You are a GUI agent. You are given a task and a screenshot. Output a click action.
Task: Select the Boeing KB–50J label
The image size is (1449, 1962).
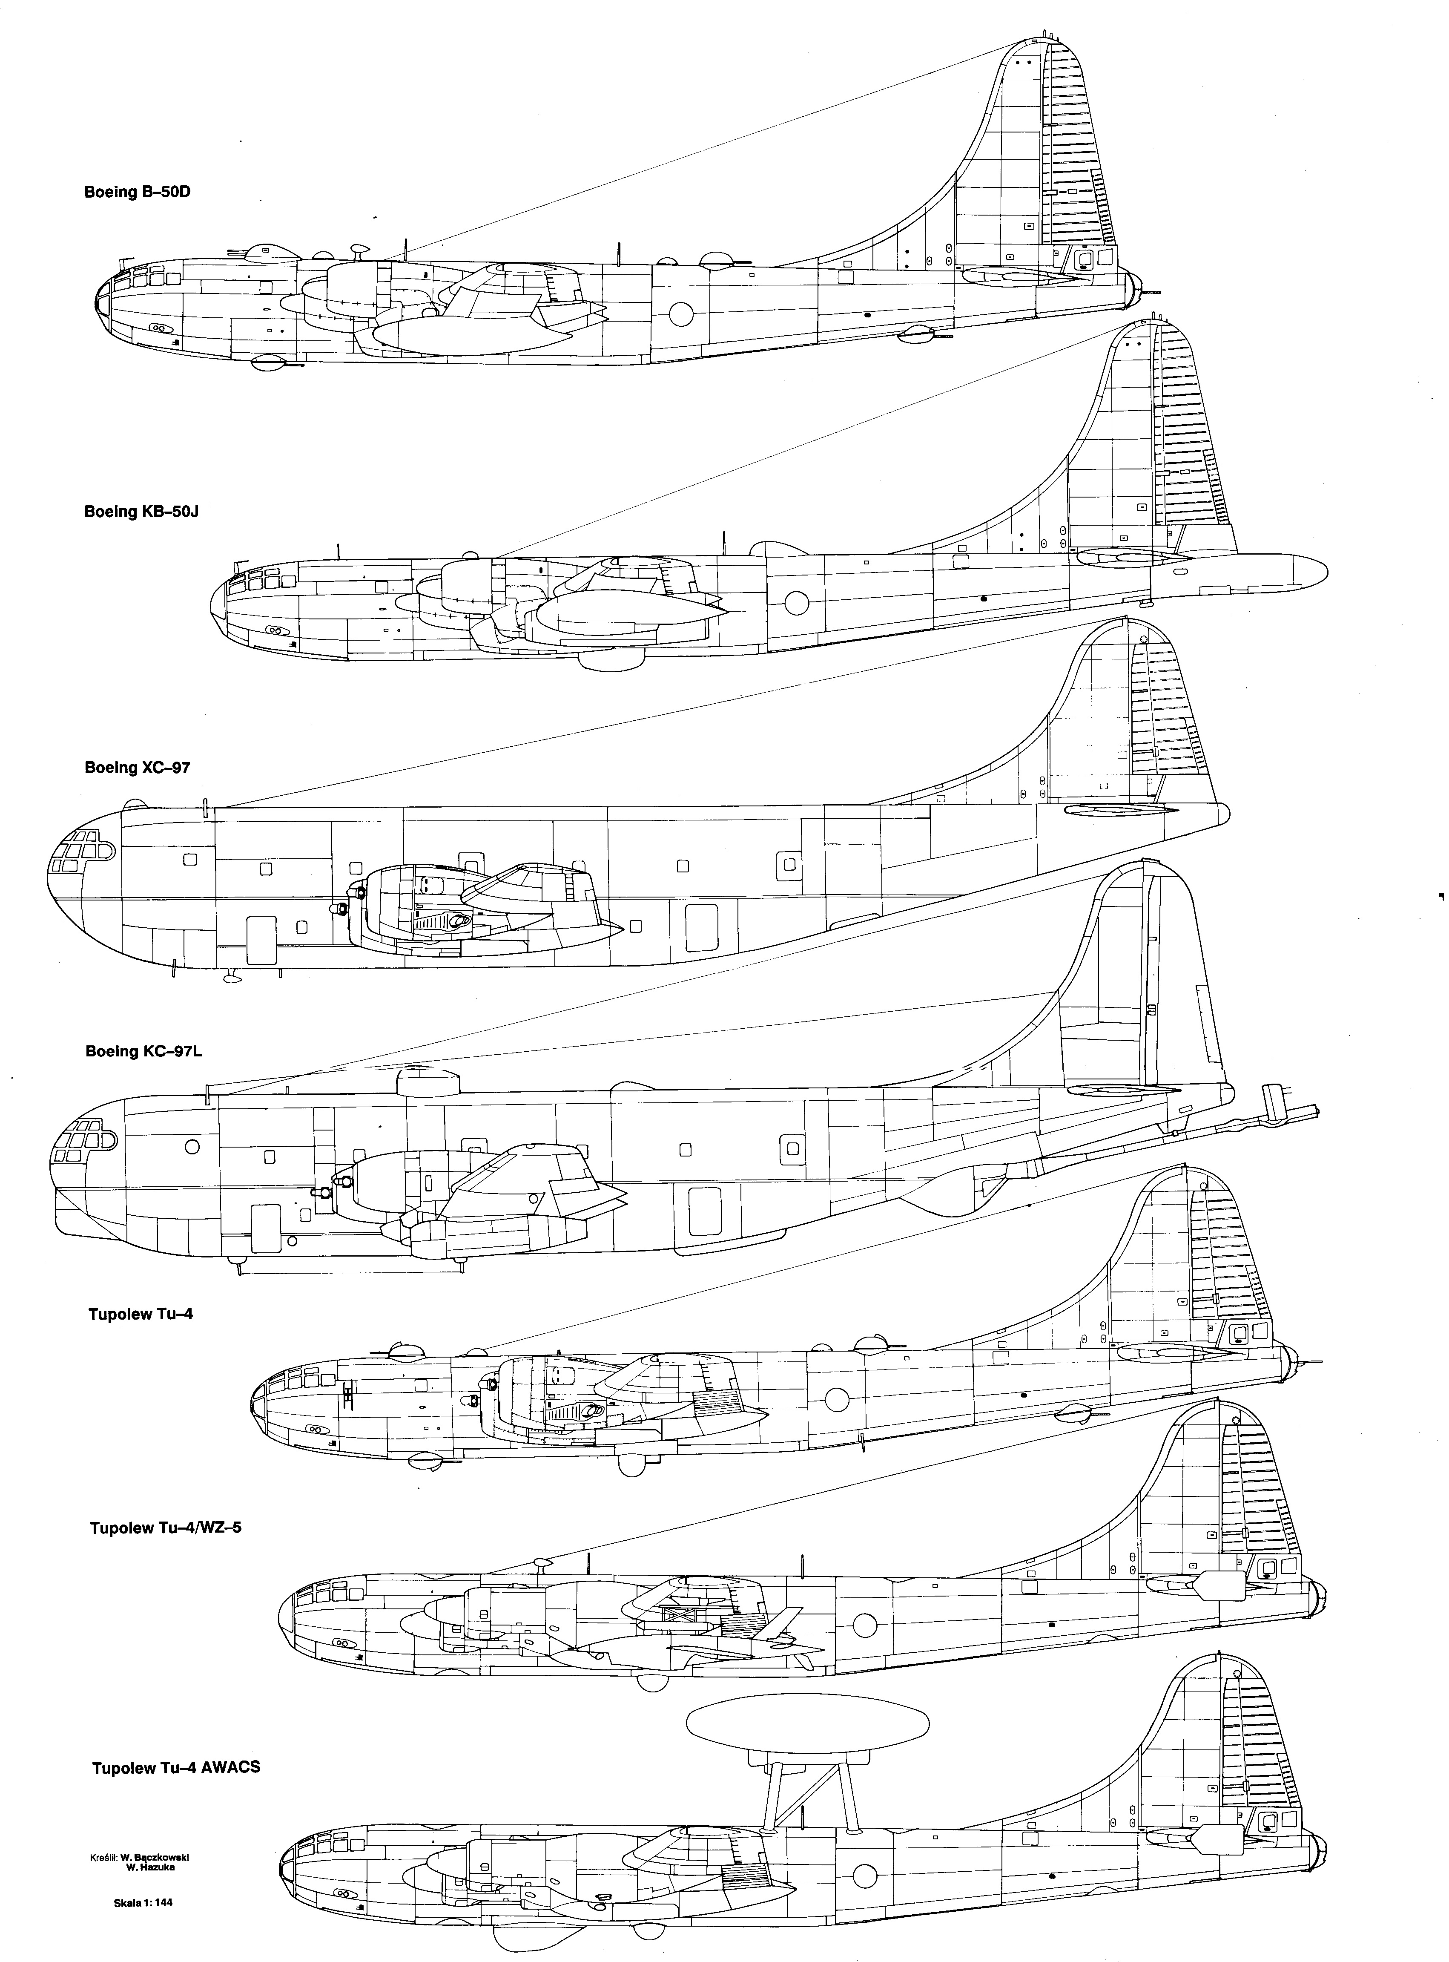(141, 511)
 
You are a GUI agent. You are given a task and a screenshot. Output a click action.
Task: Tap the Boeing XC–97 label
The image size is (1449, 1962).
(137, 768)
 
